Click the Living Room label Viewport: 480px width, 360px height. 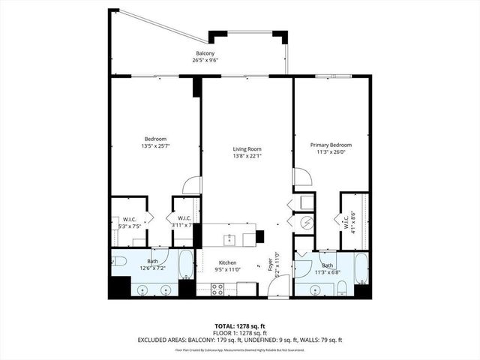click(x=246, y=149)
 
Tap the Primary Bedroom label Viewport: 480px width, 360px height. click(x=331, y=145)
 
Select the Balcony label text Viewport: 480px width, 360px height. click(x=205, y=53)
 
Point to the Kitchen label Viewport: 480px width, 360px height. click(x=227, y=262)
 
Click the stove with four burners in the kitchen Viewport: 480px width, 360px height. click(x=219, y=288)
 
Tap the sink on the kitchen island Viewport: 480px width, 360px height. click(x=229, y=239)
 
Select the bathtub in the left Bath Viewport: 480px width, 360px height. click(x=186, y=265)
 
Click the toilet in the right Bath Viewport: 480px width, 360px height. click(x=342, y=288)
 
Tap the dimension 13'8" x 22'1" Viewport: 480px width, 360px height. click(x=246, y=156)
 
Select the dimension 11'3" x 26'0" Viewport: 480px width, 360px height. click(x=331, y=151)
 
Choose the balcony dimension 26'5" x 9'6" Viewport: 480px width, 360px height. click(x=205, y=60)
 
